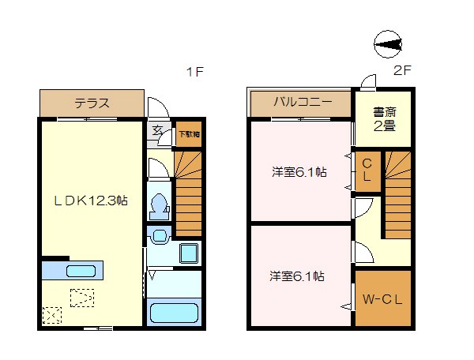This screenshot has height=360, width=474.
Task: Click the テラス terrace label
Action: [92, 103]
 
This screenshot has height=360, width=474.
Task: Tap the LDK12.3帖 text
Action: [91, 201]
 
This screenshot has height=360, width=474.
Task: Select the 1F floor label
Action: [195, 73]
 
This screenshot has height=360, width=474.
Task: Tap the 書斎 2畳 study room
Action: [384, 118]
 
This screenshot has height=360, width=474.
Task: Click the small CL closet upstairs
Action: [367, 171]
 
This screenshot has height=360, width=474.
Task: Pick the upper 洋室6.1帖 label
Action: [299, 171]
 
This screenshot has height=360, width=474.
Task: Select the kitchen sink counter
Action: [81, 271]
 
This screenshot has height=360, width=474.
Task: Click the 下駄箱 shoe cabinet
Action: [187, 134]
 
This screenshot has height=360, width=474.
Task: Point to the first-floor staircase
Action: [188, 193]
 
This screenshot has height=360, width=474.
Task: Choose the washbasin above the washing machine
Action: [159, 234]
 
